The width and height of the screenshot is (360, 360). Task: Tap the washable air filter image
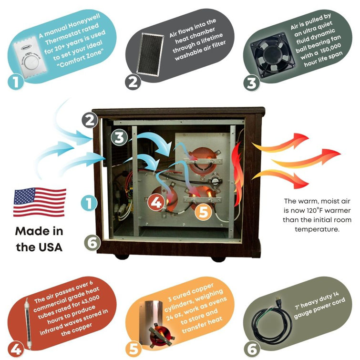pyautogui.click(x=150, y=54)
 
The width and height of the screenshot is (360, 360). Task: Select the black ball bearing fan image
pyautogui.click(x=272, y=56)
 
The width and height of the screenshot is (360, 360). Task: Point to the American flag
pyautogui.click(x=40, y=202)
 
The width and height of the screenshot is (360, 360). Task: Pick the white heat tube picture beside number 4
pyautogui.click(x=28, y=324)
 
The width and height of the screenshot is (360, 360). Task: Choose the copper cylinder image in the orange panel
pyautogui.click(x=156, y=324)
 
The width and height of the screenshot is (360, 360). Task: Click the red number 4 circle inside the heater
pyautogui.click(x=156, y=203)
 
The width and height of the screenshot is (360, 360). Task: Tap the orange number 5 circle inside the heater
pyautogui.click(x=204, y=212)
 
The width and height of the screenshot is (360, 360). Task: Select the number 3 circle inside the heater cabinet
pyautogui.click(x=119, y=137)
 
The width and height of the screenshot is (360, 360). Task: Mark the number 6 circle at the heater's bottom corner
pyautogui.click(x=93, y=243)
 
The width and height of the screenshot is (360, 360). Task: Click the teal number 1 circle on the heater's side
pyautogui.click(x=89, y=203)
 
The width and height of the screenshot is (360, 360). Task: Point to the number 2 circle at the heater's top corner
pyautogui.click(x=90, y=120)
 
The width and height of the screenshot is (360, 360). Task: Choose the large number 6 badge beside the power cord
pyautogui.click(x=252, y=349)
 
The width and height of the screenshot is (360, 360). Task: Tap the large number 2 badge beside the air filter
pyautogui.click(x=133, y=82)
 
